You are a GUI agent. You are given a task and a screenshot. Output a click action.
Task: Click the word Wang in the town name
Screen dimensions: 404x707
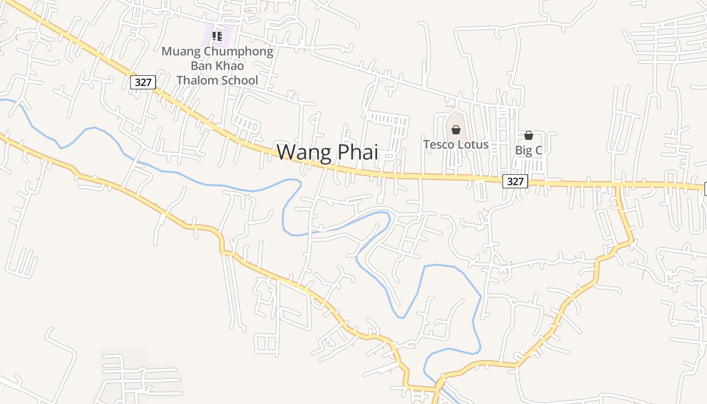302,152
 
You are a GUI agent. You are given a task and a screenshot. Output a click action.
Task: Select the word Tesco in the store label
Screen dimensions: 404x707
438,144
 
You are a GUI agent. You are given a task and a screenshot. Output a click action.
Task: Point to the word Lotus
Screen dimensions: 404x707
472,144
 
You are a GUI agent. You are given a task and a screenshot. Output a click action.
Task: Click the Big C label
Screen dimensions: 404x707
528,150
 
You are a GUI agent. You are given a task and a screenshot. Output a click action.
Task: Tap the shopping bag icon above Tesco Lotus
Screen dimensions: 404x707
456,130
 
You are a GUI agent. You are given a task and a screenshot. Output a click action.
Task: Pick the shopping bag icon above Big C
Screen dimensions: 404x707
529,135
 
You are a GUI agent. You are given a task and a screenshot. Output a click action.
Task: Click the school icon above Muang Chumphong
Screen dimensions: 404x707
217,36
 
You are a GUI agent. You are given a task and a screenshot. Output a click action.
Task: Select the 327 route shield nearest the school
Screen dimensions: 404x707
143,82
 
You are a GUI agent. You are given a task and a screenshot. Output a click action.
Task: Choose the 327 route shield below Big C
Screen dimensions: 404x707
515,181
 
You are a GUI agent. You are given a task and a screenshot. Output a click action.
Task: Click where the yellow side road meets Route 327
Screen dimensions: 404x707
618,186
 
